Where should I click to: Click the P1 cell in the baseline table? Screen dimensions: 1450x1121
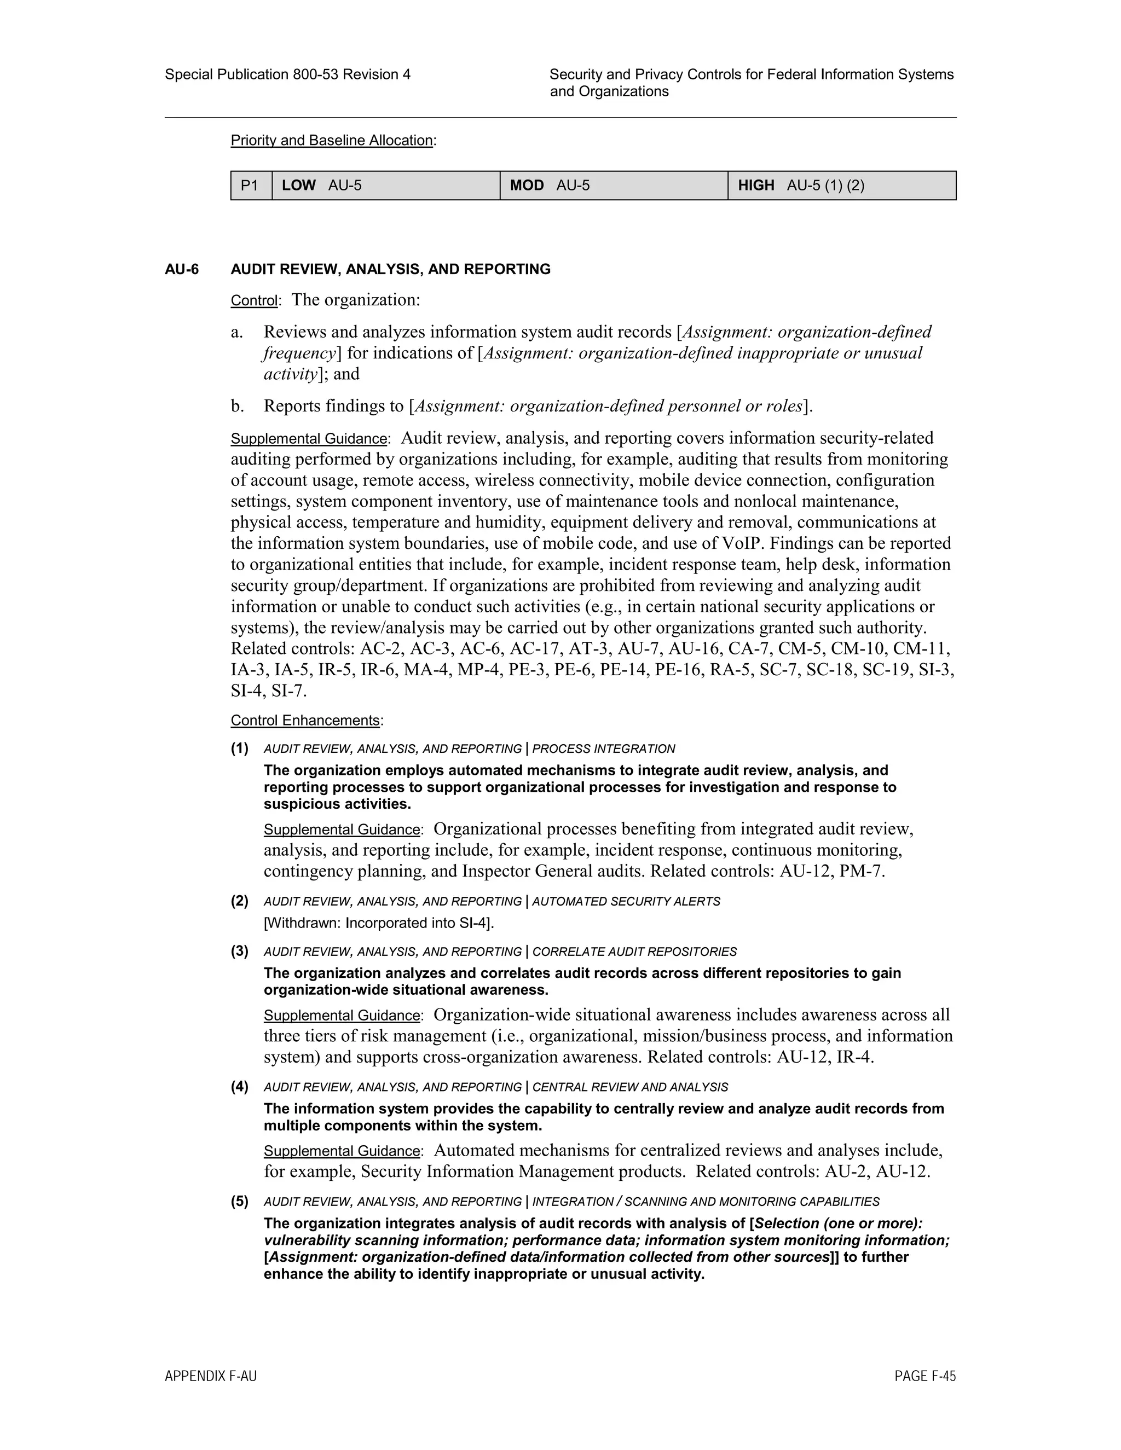pyautogui.click(x=250, y=185)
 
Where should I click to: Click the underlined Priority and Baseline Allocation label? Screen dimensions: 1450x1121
pyautogui.click(x=331, y=141)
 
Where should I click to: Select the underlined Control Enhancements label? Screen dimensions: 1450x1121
pyautogui.click(x=305, y=721)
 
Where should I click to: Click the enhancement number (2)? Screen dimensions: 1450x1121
pyautogui.click(x=240, y=901)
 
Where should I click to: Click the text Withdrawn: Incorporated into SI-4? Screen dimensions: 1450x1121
pyautogui.click(x=379, y=923)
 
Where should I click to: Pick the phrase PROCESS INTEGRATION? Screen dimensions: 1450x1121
pyautogui.click(x=603, y=749)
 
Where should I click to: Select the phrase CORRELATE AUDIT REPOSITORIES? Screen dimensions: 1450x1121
pyautogui.click(x=634, y=952)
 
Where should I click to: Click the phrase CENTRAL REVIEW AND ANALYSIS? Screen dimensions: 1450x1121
pyautogui.click(x=629, y=1087)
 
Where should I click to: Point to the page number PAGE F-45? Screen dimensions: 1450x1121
pyautogui.click(x=924, y=1376)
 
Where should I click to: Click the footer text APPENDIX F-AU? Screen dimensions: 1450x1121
pyautogui.click(x=211, y=1376)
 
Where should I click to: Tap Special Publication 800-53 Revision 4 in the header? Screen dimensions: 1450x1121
pyautogui.click(x=287, y=75)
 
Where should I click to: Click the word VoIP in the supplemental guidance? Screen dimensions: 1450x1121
pyautogui.click(x=742, y=544)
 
